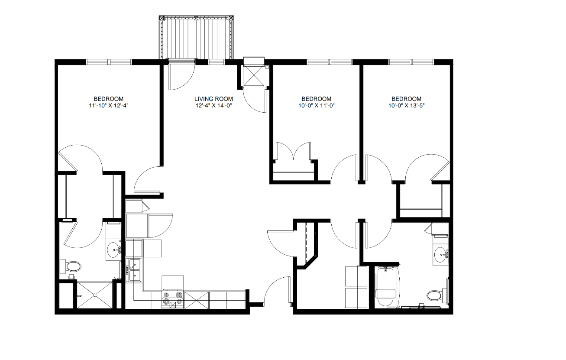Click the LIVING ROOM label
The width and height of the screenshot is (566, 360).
pyautogui.click(x=213, y=99)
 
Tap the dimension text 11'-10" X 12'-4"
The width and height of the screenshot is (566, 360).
pyautogui.click(x=109, y=105)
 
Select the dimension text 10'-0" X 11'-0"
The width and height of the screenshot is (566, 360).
pyautogui.click(x=316, y=105)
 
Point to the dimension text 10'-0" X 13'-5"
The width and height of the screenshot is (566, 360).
pyautogui.click(x=406, y=105)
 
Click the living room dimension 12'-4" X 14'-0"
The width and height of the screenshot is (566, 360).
pyautogui.click(x=213, y=105)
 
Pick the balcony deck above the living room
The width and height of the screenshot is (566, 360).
pyautogui.click(x=197, y=38)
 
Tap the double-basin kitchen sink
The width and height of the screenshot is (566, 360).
pyautogui.click(x=134, y=270)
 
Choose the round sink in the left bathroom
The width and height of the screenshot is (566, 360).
pyautogui.click(x=114, y=250)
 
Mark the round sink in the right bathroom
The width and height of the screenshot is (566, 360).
pyautogui.click(x=441, y=253)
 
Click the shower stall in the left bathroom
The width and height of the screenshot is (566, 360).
pyautogui.click(x=94, y=295)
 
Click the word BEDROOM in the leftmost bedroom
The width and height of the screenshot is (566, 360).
pyautogui.click(x=109, y=99)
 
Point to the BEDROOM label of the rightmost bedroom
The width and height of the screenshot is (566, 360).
pyautogui.click(x=406, y=99)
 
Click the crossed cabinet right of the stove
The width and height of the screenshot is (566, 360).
pyautogui.click(x=196, y=300)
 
